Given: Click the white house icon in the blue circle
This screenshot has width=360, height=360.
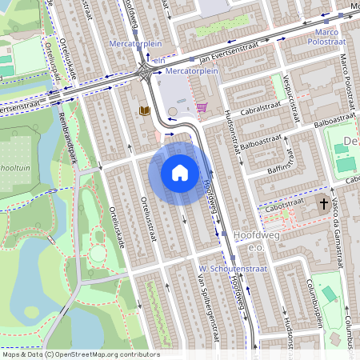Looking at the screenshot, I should pyautogui.click(x=180, y=172).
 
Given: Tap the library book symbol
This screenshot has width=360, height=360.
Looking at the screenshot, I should pyautogui.click(x=145, y=110).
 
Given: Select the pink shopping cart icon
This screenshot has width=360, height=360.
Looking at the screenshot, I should pyautogui.click(x=202, y=106).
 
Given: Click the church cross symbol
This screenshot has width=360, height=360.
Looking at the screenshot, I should pyautogui.click(x=324, y=204).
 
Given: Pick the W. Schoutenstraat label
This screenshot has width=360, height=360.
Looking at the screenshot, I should pyautogui.click(x=226, y=268).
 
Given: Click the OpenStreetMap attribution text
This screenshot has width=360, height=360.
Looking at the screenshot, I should pyautogui.click(x=80, y=354).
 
